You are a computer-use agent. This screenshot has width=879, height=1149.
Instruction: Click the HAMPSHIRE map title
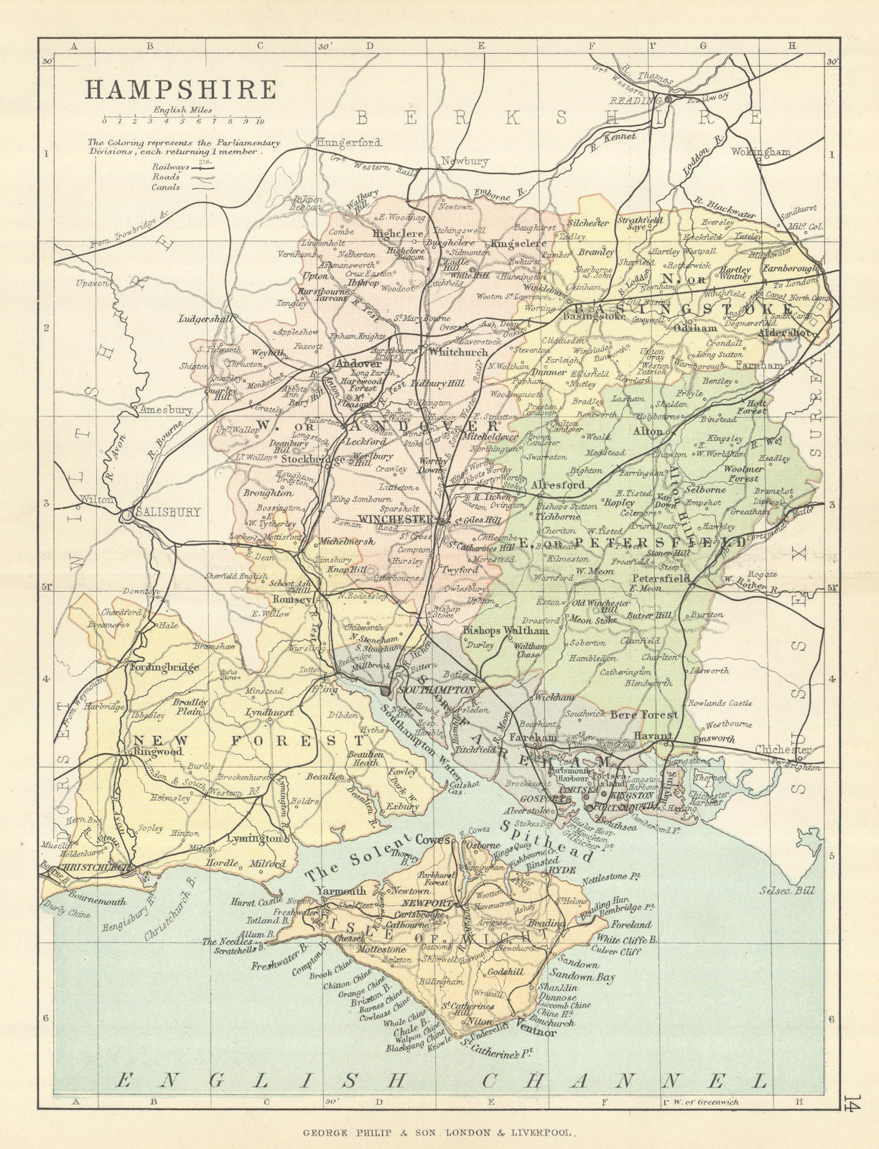(x=181, y=90)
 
